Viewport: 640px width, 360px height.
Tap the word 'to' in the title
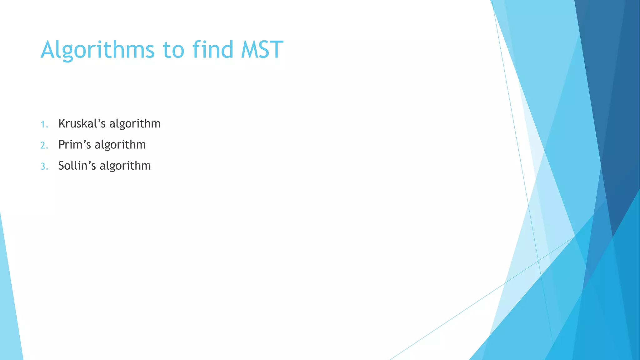coord(173,50)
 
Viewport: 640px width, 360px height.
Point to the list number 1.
coord(44,124)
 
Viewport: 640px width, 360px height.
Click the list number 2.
coord(44,145)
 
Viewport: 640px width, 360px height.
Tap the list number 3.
coord(44,166)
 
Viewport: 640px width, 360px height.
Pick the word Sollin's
coord(77,166)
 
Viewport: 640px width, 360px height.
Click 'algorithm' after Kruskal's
coord(135,124)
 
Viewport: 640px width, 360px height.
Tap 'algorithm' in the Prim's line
coord(120,145)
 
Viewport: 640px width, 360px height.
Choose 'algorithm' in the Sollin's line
coord(125,166)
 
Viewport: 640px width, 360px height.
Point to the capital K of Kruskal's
coord(62,124)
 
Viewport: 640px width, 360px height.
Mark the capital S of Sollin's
coord(62,166)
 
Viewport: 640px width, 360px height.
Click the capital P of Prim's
coord(62,145)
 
